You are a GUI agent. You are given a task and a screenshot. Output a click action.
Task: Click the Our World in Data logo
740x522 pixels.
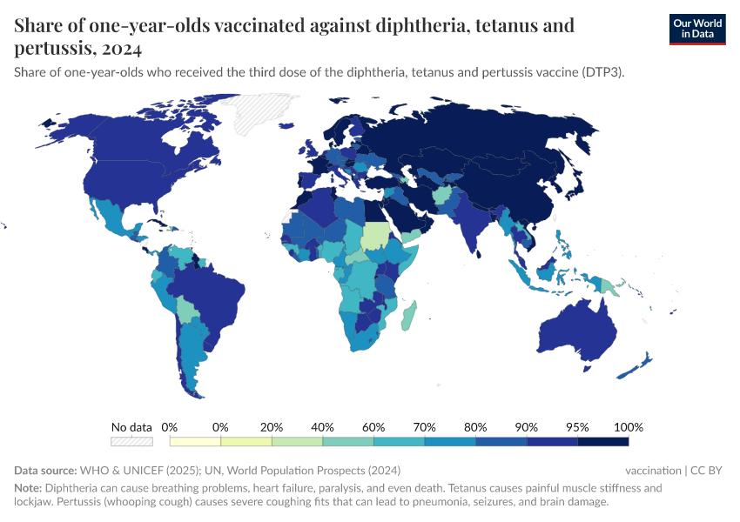click(x=696, y=29)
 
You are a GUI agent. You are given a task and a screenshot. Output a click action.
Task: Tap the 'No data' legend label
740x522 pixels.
click(x=131, y=427)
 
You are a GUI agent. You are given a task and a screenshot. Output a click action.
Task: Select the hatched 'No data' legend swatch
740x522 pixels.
click(x=131, y=442)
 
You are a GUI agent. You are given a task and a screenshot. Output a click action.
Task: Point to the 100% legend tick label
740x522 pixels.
click(x=628, y=427)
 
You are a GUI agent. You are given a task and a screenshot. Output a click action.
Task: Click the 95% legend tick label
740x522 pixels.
click(x=577, y=427)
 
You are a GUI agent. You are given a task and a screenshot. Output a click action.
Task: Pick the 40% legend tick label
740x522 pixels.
click(x=323, y=427)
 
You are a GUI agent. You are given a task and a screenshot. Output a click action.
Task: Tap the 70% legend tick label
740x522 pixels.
click(x=425, y=427)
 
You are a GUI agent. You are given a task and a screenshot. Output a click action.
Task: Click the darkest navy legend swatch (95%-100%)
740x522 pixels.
click(x=602, y=442)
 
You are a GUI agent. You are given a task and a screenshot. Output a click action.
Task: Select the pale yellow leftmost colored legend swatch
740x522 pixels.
click(x=195, y=442)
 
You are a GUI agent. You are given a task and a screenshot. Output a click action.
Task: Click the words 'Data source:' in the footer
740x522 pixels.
click(x=45, y=470)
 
